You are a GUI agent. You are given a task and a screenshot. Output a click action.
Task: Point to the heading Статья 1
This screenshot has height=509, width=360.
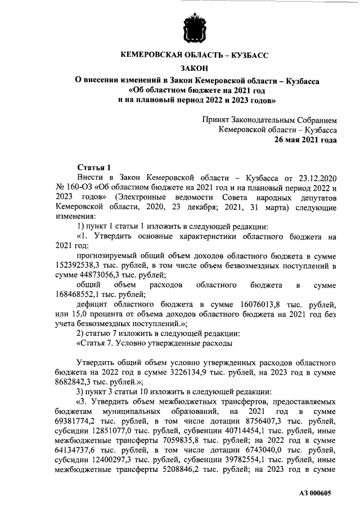(94, 167)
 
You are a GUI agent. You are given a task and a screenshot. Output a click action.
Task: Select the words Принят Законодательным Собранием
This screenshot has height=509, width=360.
(269, 120)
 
